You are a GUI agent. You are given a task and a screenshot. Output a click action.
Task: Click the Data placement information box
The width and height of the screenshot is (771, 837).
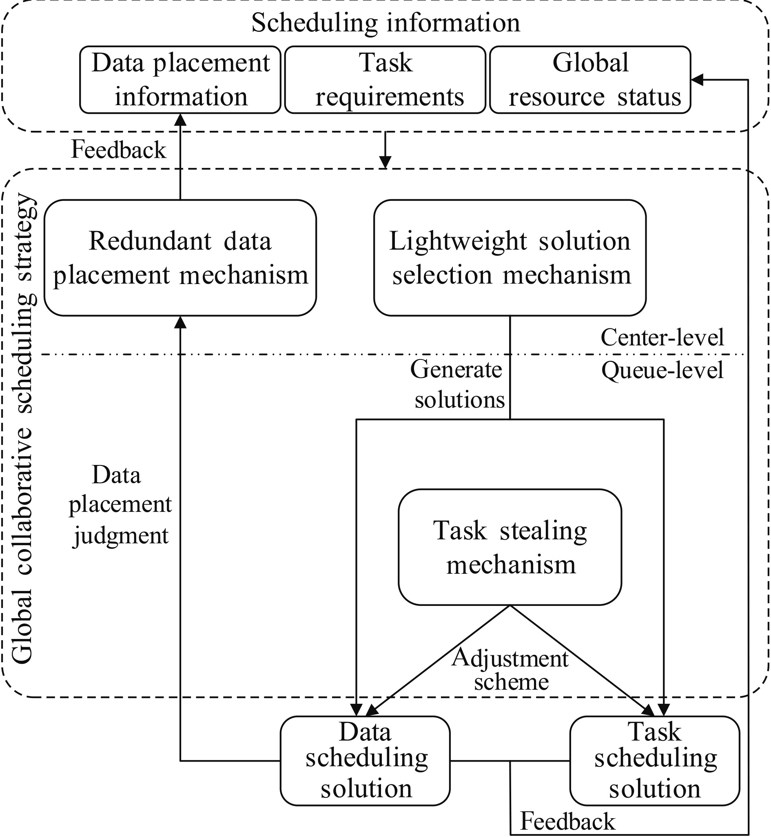[180, 79]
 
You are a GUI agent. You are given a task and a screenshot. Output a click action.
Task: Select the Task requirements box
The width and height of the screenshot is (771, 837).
[385, 79]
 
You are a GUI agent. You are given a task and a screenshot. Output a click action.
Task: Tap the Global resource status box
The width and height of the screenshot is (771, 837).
[590, 79]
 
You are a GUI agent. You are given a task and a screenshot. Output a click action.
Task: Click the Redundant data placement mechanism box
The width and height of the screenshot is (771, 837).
[180, 258]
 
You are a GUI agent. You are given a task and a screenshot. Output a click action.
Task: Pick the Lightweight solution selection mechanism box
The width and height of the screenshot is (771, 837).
[510, 258]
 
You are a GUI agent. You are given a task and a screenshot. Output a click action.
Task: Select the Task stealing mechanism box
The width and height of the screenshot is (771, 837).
[510, 547]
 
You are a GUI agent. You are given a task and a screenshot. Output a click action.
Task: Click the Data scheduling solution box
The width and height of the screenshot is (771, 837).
[365, 760]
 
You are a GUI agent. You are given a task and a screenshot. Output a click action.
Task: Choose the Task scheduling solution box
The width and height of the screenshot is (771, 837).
[654, 760]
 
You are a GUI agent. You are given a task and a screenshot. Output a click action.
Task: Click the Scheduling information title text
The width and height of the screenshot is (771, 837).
[386, 22]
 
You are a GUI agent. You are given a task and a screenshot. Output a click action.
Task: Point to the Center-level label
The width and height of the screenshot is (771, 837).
[662, 337]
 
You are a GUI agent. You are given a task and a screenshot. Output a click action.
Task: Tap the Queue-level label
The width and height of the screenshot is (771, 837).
[662, 370]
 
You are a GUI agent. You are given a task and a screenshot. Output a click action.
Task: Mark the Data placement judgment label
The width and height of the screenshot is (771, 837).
[120, 505]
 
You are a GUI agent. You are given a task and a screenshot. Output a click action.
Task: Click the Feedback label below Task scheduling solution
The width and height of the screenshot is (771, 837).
[567, 822]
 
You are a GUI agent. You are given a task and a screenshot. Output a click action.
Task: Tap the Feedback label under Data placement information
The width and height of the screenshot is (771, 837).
[118, 150]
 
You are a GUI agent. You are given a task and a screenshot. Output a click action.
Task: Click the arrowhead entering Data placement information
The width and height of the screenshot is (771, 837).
[180, 119]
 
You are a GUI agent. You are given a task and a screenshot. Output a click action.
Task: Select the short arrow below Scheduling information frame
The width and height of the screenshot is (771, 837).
[385, 150]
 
